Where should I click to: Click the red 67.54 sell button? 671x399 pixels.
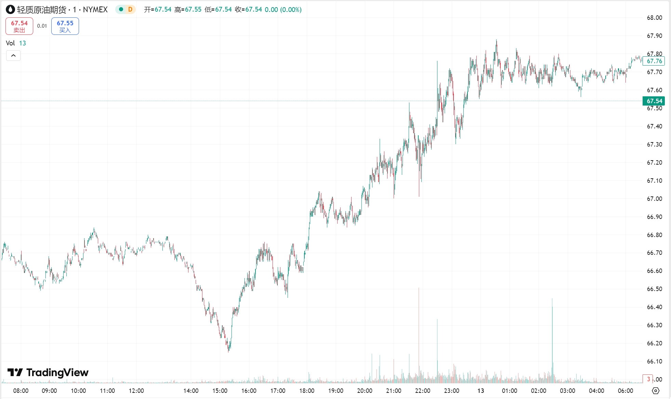click(x=19, y=26)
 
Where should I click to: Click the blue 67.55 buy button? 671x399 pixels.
click(x=65, y=26)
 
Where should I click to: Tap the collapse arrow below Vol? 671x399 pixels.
click(x=13, y=55)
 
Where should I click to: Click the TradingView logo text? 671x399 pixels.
click(x=48, y=372)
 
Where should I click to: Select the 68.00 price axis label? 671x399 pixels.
click(x=654, y=18)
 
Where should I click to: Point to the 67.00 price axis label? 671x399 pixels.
click(x=654, y=199)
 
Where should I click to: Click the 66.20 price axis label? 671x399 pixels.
click(x=654, y=343)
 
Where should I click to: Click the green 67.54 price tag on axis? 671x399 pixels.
click(x=654, y=101)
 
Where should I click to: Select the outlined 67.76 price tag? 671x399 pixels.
click(x=654, y=61)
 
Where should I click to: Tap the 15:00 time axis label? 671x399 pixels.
click(x=220, y=391)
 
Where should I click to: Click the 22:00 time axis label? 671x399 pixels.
click(x=422, y=391)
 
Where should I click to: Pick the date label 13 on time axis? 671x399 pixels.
click(x=481, y=391)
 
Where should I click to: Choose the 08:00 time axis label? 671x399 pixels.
click(x=21, y=391)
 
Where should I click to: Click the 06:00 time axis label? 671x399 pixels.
click(x=625, y=391)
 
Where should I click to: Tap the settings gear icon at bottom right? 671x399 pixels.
click(x=656, y=391)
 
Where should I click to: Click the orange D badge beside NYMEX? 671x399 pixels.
click(x=130, y=10)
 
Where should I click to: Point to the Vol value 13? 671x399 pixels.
click(x=23, y=43)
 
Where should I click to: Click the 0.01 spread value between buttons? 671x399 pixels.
click(x=42, y=26)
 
